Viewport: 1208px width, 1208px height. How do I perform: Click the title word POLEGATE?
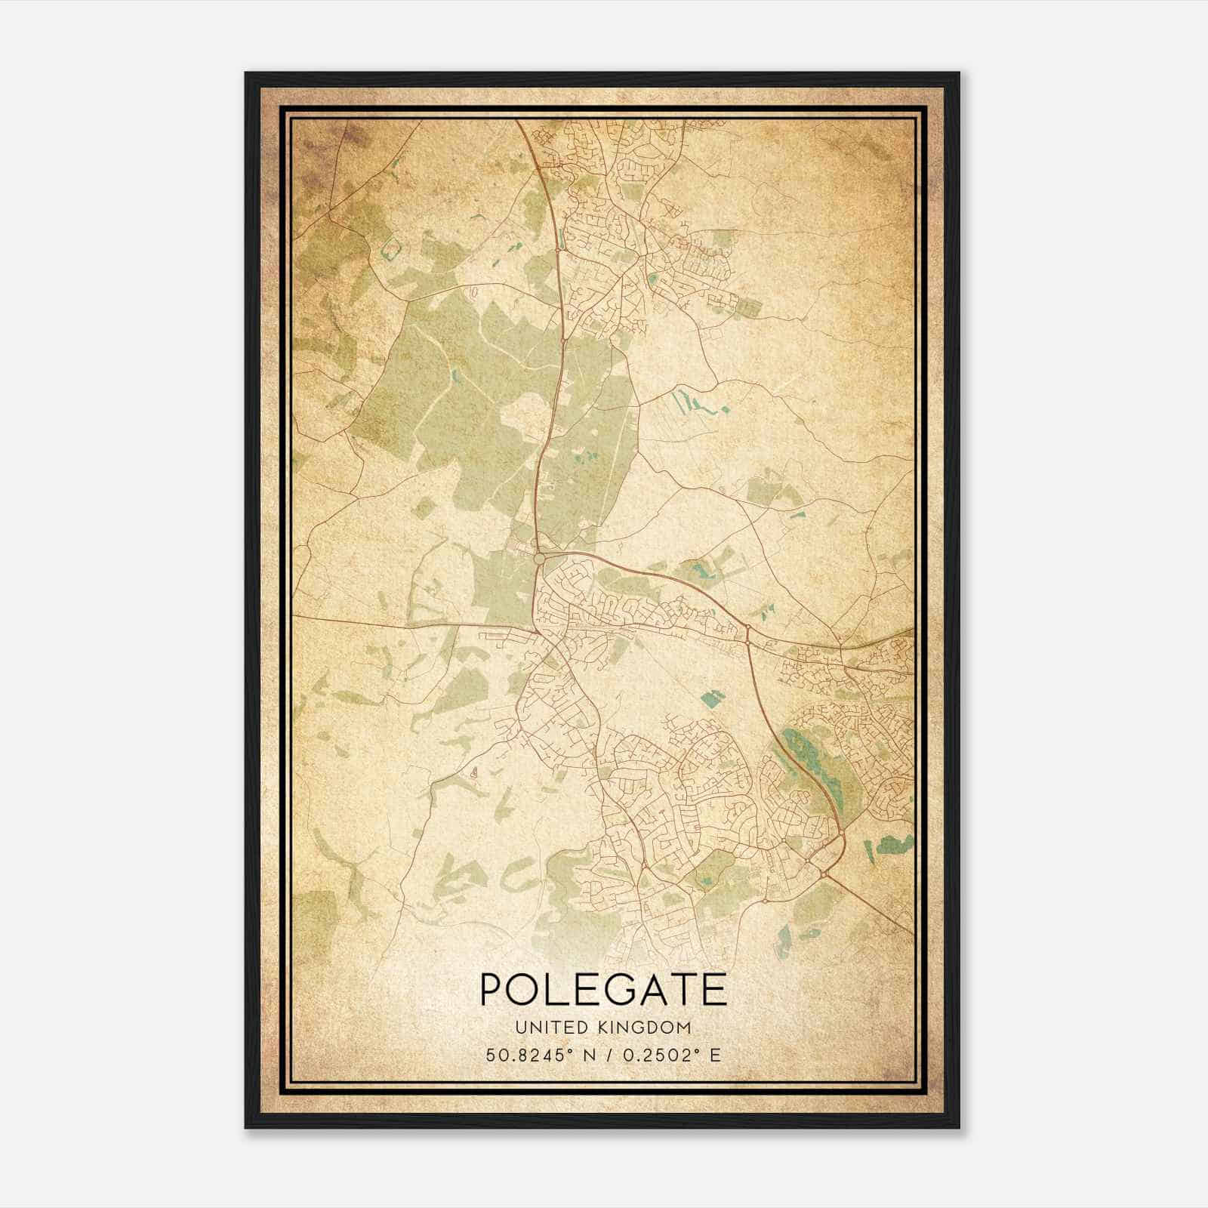click(602, 990)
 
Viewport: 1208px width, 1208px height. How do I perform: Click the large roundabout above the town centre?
click(539, 559)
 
